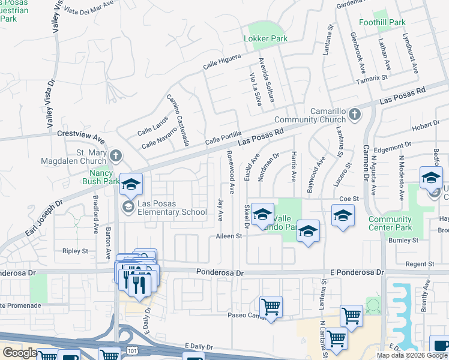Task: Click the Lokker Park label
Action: point(265,38)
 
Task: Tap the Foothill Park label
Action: point(382,22)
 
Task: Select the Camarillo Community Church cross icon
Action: point(355,113)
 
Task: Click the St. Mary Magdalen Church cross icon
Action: point(116,156)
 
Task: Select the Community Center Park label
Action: point(390,223)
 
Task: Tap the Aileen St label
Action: point(229,236)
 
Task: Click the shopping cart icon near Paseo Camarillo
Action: point(271,307)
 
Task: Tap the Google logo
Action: point(19,353)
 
